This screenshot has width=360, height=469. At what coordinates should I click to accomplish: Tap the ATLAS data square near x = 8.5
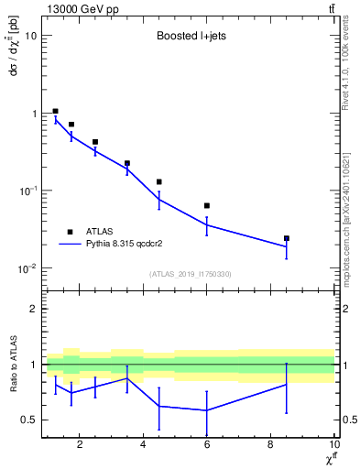click(x=287, y=238)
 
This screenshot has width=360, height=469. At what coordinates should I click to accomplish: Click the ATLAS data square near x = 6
click(x=207, y=205)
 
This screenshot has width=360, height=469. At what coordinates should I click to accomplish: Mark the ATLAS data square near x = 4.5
click(x=159, y=181)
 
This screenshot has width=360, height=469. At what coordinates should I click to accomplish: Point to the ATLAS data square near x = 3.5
click(x=127, y=163)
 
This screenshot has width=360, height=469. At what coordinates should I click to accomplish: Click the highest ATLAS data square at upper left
click(x=56, y=111)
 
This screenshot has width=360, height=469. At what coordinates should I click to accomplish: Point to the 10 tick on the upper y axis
click(x=32, y=36)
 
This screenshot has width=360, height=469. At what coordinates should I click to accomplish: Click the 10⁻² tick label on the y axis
click(x=27, y=268)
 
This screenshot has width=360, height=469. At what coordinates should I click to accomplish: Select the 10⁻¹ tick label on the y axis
click(x=27, y=191)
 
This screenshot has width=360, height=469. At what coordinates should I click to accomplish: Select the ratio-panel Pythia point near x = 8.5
click(x=287, y=384)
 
